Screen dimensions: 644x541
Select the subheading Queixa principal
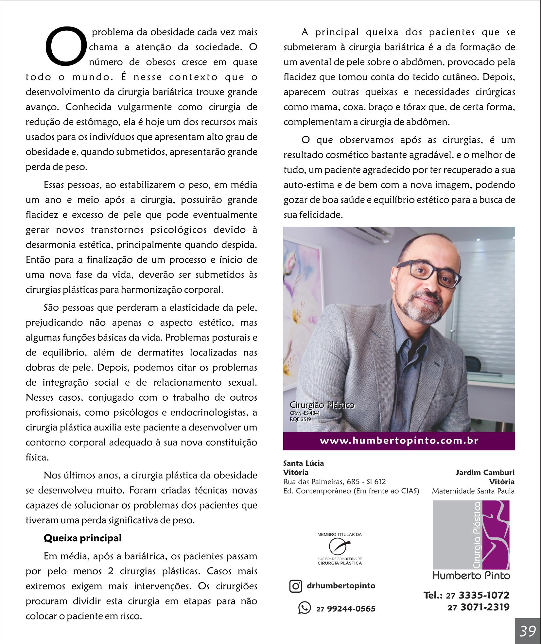coord(82,538)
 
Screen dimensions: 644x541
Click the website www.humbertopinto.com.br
coord(399,441)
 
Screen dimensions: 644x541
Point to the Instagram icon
coord(296,586)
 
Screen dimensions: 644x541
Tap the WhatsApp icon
coord(304,608)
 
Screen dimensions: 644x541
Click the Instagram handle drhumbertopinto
coord(341,585)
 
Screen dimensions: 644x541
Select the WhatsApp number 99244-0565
coord(351,609)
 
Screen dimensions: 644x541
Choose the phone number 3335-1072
coord(484,595)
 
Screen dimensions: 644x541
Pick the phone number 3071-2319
coord(485,607)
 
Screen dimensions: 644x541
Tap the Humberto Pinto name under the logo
coord(471,575)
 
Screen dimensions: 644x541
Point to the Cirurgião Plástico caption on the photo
coord(322,405)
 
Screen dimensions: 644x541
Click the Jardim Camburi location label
coord(485,472)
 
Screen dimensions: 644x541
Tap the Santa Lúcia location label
coord(303,463)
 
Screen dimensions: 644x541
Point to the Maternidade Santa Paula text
coord(473,491)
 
